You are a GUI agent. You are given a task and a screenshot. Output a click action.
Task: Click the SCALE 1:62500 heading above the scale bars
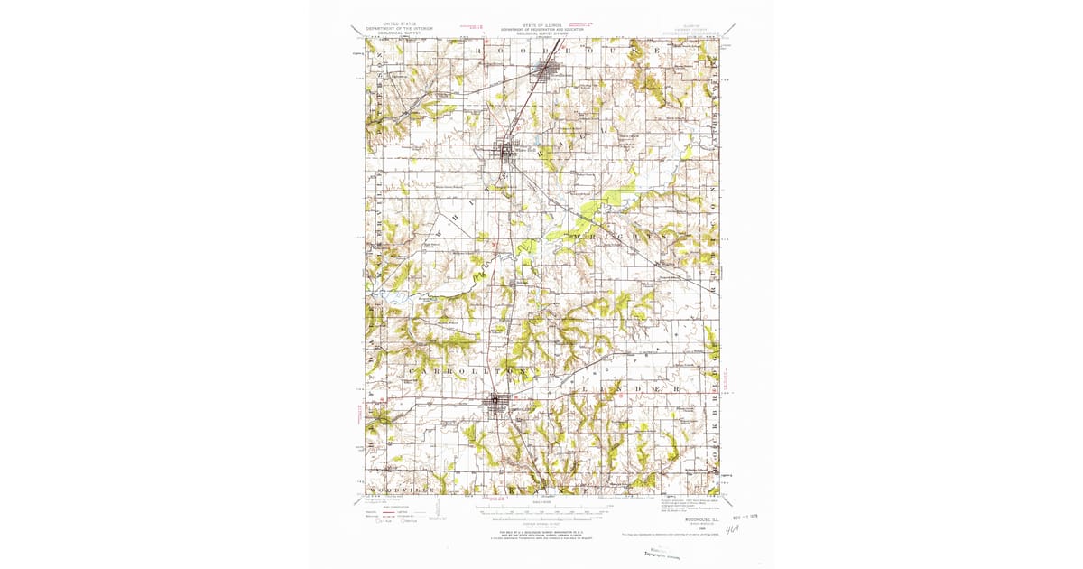[541, 501]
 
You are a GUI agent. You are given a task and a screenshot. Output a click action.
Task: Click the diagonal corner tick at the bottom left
[358, 501]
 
